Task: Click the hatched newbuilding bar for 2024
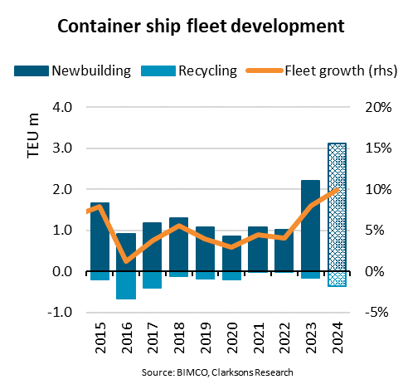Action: click(337, 207)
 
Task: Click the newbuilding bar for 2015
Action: click(100, 237)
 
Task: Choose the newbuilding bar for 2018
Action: click(178, 245)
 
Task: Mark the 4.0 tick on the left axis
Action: click(64, 107)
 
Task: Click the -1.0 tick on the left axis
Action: click(62, 313)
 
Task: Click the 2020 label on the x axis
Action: click(231, 339)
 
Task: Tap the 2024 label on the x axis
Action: click(337, 339)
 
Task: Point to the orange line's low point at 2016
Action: click(126, 261)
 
